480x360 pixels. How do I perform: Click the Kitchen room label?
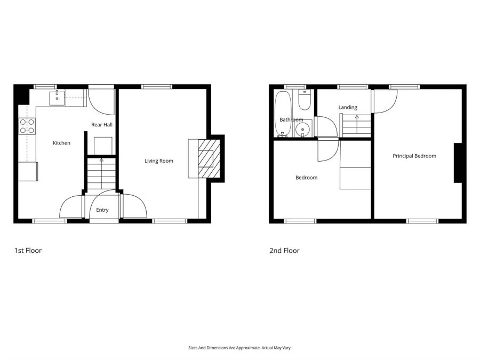(x=61, y=143)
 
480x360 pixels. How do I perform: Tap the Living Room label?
(x=159, y=161)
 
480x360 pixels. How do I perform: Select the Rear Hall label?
(x=101, y=125)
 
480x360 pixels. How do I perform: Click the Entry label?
(x=102, y=210)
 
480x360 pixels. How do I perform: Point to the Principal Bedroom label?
(x=414, y=156)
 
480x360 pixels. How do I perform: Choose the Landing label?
(x=348, y=108)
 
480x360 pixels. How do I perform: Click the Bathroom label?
(x=291, y=119)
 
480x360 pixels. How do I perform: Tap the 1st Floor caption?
(x=28, y=250)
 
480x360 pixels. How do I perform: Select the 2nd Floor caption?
(x=284, y=250)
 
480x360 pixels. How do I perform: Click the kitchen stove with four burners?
(x=27, y=126)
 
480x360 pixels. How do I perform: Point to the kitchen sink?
(x=57, y=98)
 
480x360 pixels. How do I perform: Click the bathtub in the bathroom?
(x=283, y=114)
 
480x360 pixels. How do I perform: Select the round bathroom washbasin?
(x=303, y=128)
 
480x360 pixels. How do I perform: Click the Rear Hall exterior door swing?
(x=101, y=100)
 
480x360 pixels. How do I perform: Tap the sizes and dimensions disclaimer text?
(x=240, y=348)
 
